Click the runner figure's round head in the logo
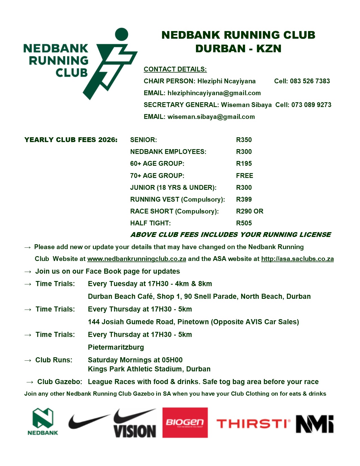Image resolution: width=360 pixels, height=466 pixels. coord(122,34)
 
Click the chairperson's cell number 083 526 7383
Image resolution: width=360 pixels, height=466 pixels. coord(310,81)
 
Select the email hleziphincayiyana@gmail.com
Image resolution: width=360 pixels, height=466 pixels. coord(214,93)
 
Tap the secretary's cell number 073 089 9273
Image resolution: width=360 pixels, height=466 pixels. coord(311,105)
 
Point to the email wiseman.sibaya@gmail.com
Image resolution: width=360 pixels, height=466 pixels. coord(211,117)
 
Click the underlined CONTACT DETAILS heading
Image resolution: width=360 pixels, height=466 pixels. coord(175,69)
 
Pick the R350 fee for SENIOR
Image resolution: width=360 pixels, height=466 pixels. coord(244,140)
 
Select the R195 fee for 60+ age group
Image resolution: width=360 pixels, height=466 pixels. coord(244,164)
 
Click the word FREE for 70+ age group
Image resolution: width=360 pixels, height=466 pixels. coord(245,176)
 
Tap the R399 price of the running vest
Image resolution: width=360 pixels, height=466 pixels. coord(244,199)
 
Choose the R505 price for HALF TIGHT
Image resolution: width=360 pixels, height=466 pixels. coord(244,223)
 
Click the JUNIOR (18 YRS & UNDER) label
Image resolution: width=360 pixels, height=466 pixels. coord(173,188)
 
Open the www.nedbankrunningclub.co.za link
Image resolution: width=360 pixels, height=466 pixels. coord(137,259)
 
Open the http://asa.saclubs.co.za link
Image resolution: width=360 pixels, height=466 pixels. coord(297,259)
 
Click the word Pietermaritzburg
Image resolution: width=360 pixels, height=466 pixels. coord(116,347)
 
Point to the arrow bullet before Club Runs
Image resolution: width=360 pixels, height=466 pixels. coord(28,360)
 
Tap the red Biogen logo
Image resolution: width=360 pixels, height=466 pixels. coord(185,423)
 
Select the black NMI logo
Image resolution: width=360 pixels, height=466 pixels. coord(315,424)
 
